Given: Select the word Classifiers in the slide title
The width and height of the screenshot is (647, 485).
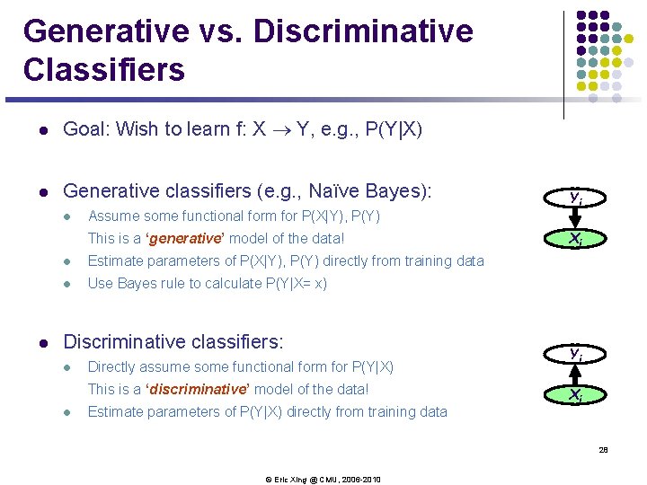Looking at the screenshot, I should click(104, 69).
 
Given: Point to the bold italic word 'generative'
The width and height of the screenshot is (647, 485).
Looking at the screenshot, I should click(185, 239).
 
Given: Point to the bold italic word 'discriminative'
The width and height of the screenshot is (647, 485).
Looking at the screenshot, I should click(197, 390).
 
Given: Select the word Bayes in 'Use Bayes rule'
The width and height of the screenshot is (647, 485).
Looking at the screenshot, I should click(137, 284).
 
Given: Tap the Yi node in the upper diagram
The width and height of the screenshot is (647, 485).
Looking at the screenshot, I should click(576, 198).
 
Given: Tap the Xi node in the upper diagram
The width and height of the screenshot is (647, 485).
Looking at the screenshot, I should click(576, 239).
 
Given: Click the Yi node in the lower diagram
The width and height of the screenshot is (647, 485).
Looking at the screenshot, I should click(576, 354).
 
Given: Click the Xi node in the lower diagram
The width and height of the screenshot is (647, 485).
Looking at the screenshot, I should click(576, 394).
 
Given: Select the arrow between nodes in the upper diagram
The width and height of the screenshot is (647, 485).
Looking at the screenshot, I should click(576, 218).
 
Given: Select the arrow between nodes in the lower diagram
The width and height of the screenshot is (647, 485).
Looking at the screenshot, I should click(576, 374).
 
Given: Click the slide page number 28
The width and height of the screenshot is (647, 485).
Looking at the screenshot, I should click(604, 450).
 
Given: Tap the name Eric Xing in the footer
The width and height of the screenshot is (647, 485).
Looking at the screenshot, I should click(292, 480).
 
